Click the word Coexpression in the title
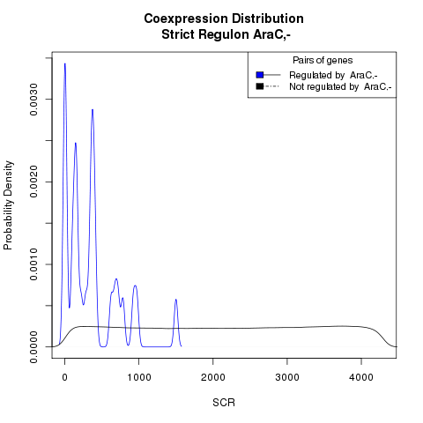pos(186,19)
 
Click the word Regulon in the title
pos(224,34)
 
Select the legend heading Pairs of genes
pos(323,61)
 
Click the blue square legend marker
pos(260,75)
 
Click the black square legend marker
pos(260,86)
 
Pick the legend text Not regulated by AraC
pos(340,87)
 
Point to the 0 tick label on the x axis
pos(65,377)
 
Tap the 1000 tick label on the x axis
pos(139,377)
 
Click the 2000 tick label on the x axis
pos(213,377)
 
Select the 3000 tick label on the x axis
pos(287,377)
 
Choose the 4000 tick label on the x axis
pos(361,377)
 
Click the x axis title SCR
pos(224,403)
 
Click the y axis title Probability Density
pos(8,205)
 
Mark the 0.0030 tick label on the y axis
pos(33,100)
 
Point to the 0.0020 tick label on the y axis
pos(33,182)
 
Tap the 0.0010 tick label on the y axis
pos(33,264)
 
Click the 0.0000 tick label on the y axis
pos(33,347)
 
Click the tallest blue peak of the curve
pos(65,63)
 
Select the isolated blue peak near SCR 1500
pos(175,300)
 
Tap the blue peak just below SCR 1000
pos(135,286)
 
